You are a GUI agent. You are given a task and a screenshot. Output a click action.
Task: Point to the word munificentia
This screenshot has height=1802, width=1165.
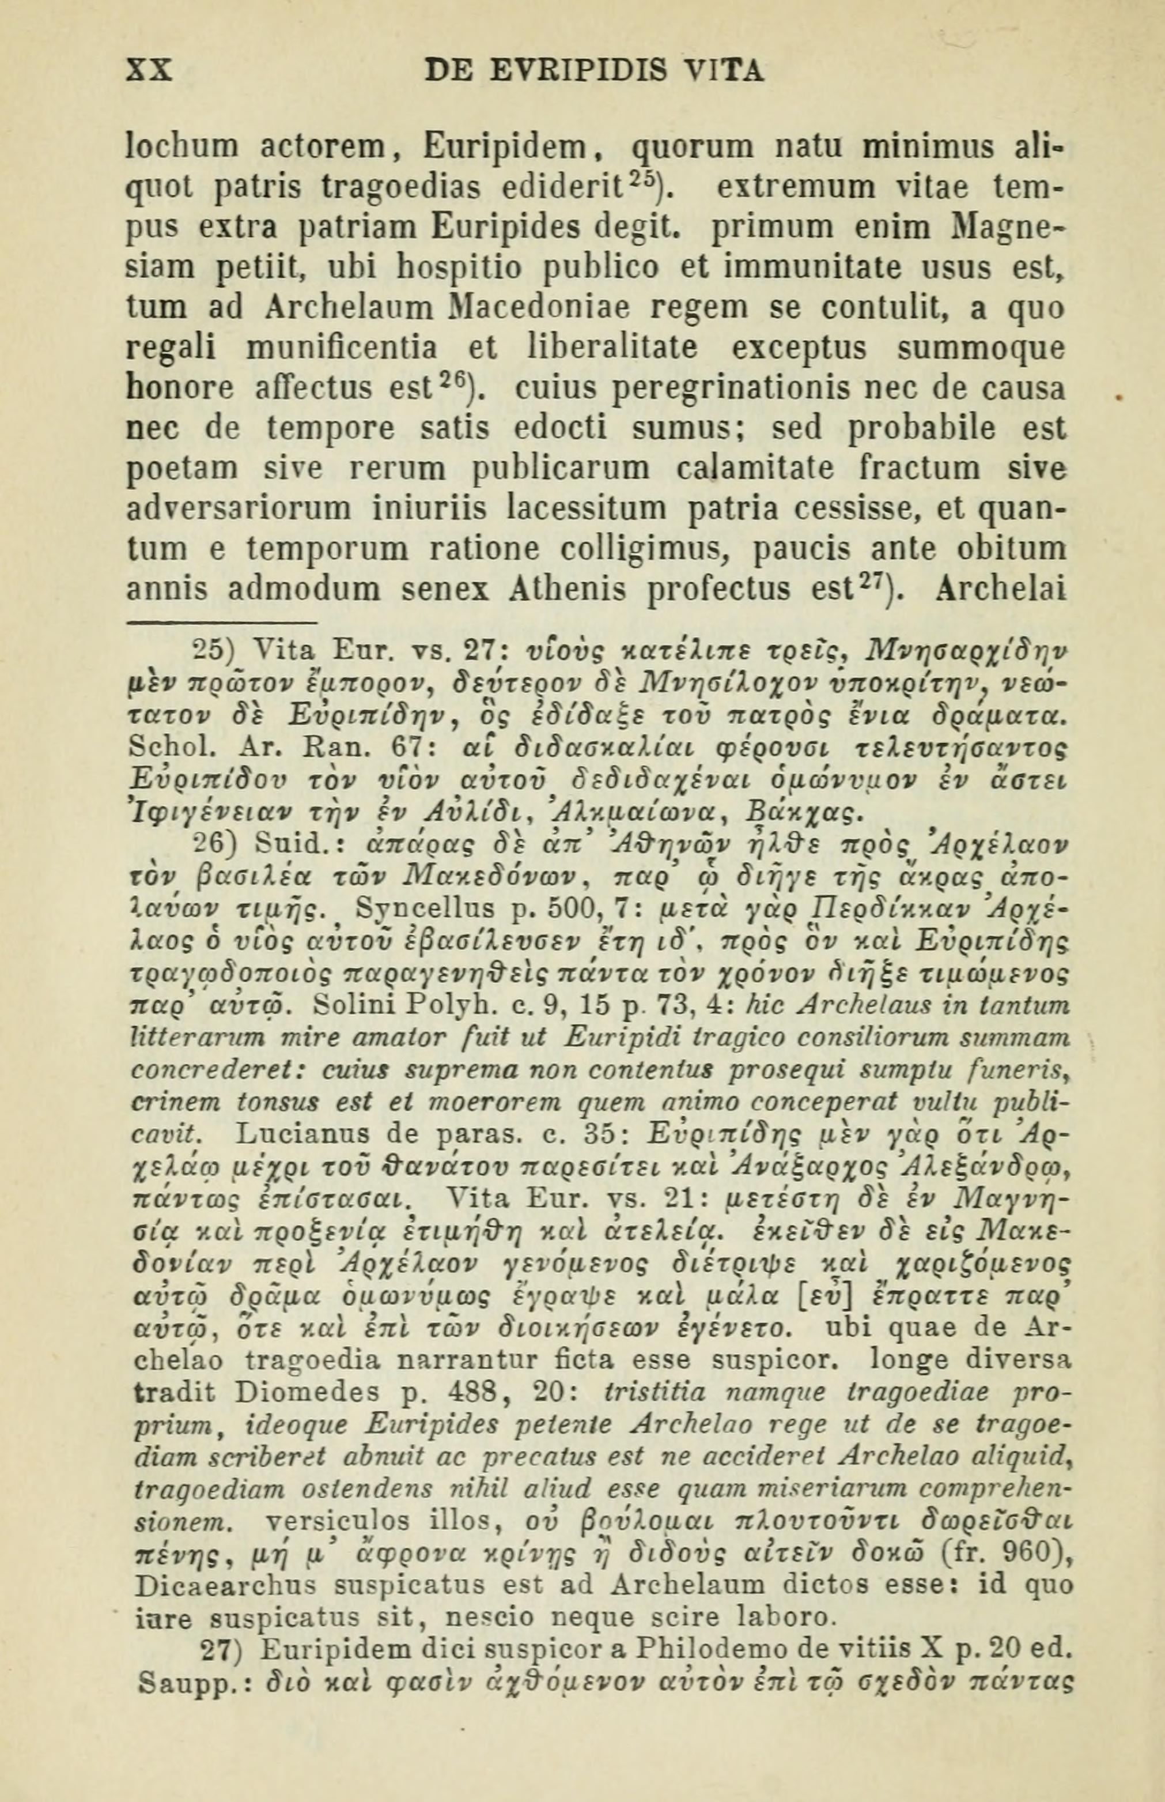pos(342,348)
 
